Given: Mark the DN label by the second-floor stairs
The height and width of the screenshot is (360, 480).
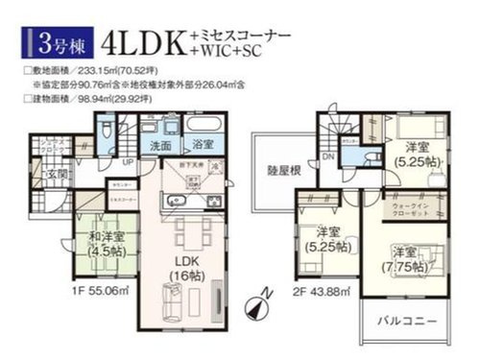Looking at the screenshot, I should point(328,157).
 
